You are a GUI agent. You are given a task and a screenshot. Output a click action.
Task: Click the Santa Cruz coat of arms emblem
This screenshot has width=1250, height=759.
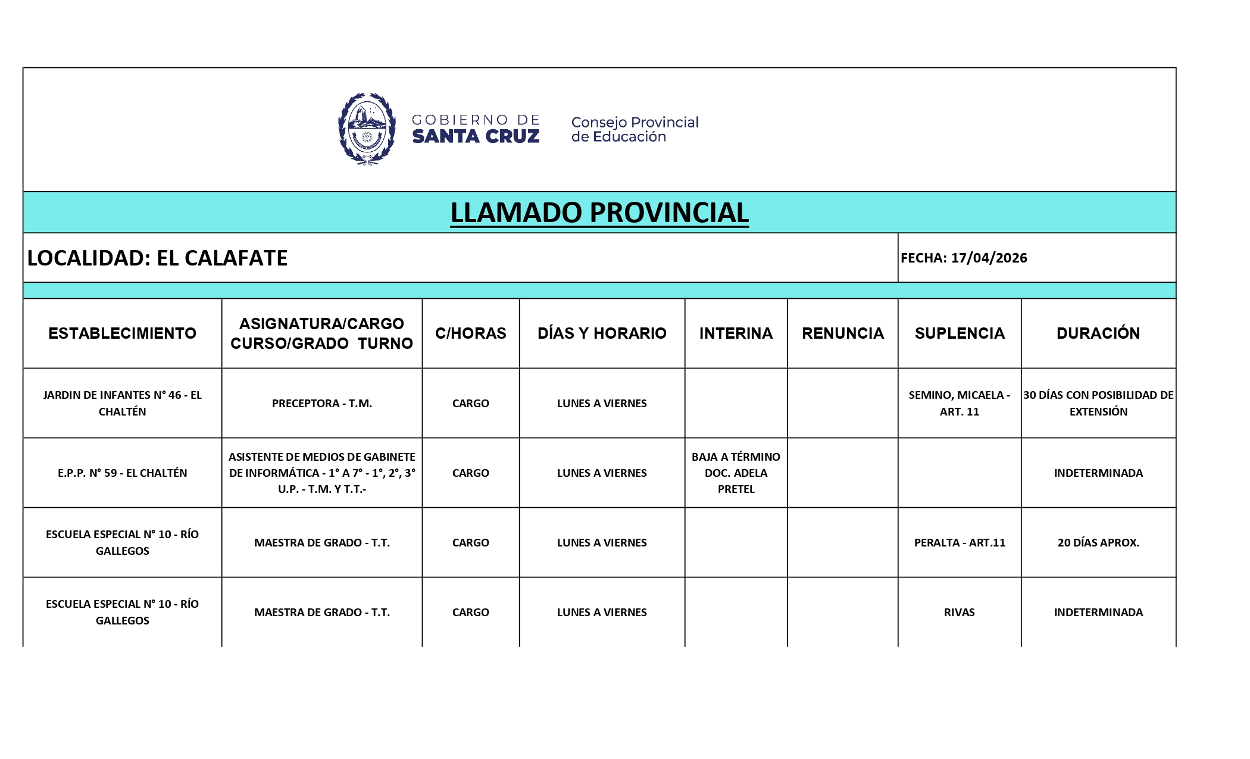pos(367,129)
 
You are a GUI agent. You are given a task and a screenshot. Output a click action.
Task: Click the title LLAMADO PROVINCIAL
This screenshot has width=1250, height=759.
pos(599,213)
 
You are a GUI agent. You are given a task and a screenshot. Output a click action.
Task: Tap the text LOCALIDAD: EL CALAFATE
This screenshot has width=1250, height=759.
pos(157,258)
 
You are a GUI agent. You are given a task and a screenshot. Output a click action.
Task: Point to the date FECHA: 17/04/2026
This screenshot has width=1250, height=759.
pos(964,258)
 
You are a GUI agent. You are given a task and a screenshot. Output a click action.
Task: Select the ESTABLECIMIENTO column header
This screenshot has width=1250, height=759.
pos(122,333)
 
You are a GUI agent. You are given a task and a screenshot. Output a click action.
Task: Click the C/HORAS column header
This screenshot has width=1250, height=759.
pos(470,333)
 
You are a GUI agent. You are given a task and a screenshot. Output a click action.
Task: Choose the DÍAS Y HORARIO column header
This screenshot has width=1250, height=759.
pos(602,333)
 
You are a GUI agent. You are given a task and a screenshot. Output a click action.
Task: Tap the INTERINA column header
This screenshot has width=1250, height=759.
pos(736,333)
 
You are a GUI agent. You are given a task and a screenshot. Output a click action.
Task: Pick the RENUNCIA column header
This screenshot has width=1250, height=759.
pos(842,333)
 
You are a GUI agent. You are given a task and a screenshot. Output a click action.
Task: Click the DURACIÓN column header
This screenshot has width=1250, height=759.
pos(1098,333)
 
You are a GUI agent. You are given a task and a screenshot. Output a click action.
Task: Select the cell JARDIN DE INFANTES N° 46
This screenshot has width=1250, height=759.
pos(122,403)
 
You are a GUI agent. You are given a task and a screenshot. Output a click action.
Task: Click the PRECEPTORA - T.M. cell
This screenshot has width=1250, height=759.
pos(321,403)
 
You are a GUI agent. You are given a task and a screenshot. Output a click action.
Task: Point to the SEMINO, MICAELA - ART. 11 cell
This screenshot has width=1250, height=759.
pos(959,403)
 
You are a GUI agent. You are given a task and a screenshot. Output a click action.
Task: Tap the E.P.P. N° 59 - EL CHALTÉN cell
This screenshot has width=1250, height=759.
pos(122,473)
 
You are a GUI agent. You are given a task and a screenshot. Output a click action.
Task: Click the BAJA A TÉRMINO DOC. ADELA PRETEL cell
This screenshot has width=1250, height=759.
pos(736,473)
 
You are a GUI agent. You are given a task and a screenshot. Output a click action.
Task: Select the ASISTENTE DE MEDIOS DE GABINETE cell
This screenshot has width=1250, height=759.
pos(321,473)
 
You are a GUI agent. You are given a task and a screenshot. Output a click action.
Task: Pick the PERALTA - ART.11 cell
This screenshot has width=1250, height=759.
pos(959,542)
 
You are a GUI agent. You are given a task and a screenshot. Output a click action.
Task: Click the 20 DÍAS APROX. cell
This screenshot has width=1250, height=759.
pos(1098,542)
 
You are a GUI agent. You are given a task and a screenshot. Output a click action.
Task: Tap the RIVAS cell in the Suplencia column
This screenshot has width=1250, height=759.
pos(959,612)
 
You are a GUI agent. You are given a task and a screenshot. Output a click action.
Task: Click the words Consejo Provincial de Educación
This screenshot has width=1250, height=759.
pos(635,129)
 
